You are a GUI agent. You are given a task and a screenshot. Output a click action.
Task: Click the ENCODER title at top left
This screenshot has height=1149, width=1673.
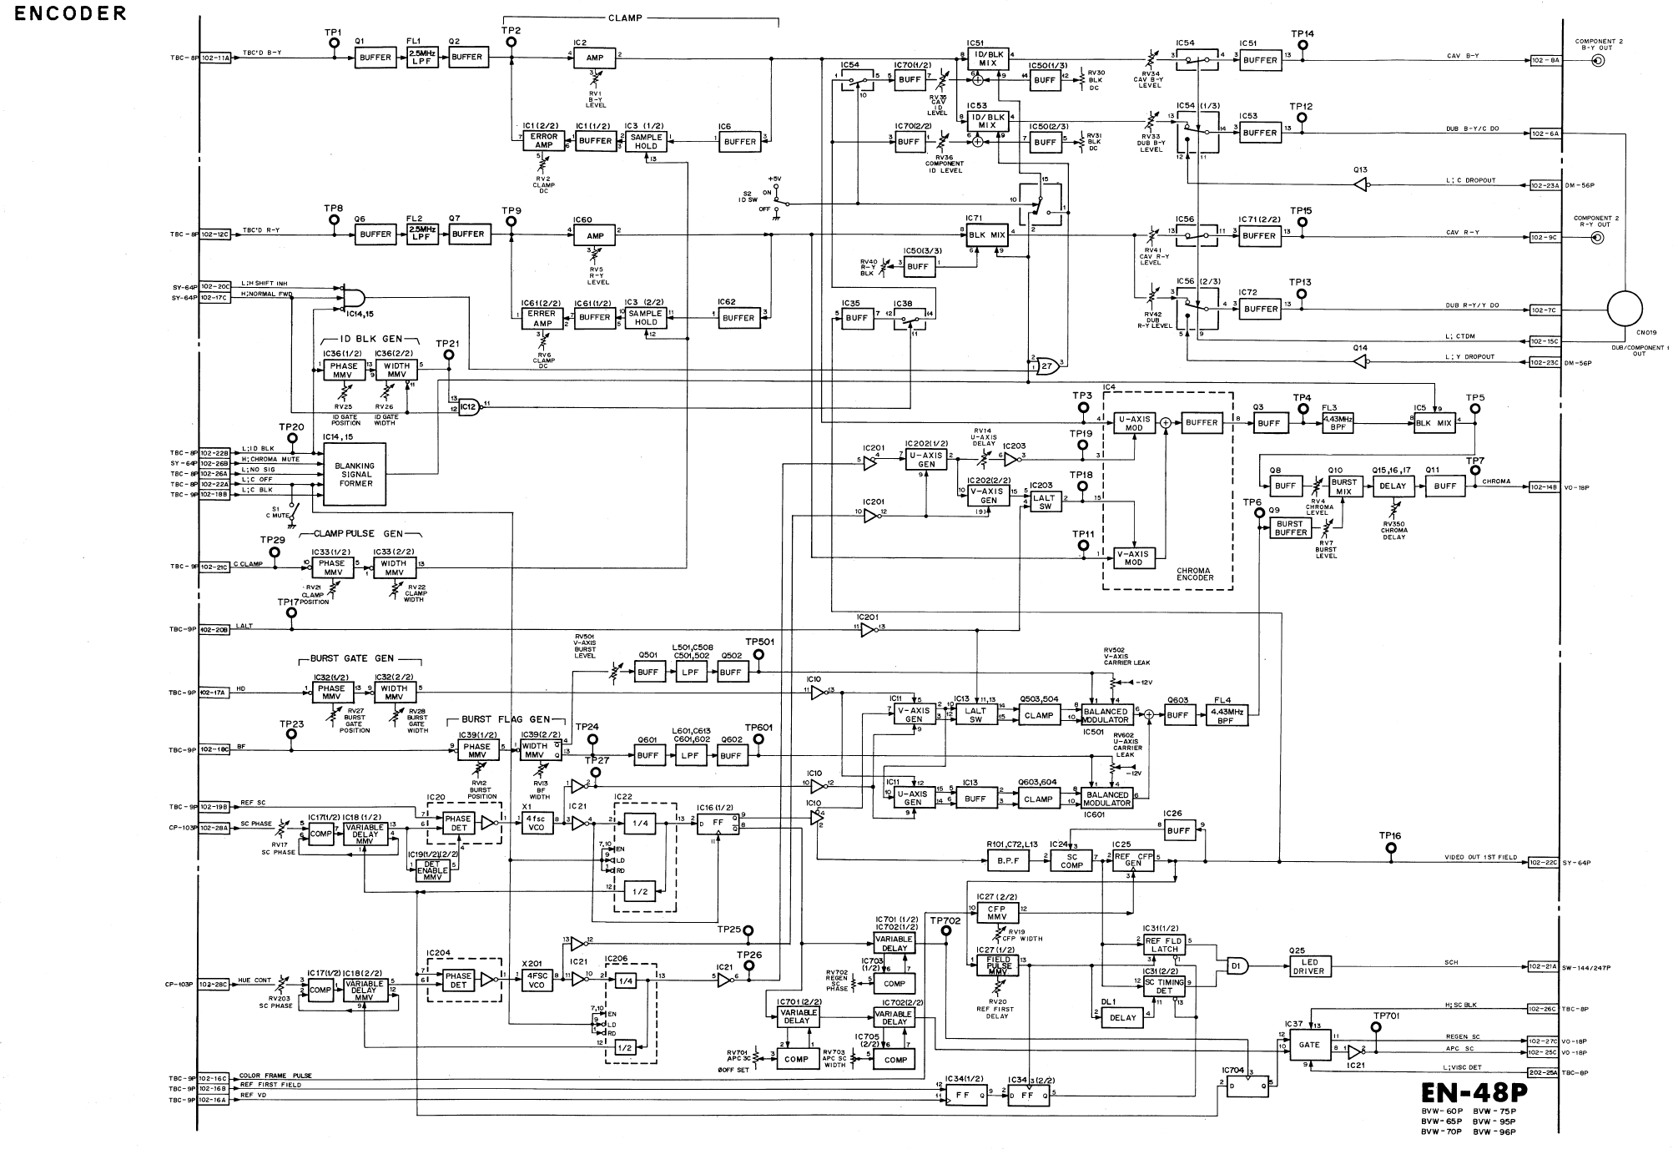[71, 13]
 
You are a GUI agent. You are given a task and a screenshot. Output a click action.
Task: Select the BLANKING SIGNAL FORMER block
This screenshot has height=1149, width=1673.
[355, 475]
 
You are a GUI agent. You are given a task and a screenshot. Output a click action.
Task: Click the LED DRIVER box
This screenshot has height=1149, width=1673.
[1308, 966]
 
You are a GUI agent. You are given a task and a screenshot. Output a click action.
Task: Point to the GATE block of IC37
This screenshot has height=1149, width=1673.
[1309, 1044]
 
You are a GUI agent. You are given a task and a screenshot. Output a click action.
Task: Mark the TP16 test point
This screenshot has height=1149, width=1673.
[1390, 848]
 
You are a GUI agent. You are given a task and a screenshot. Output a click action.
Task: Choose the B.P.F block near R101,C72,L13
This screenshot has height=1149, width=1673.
[1008, 860]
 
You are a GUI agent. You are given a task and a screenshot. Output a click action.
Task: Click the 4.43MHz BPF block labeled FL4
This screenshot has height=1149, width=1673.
[1227, 715]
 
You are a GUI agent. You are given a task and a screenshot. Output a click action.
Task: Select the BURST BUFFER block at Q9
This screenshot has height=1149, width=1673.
[1290, 528]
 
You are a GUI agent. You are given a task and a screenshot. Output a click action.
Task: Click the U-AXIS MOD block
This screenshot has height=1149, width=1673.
[1134, 423]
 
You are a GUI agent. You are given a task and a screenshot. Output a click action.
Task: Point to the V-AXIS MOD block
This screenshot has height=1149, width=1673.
[1134, 557]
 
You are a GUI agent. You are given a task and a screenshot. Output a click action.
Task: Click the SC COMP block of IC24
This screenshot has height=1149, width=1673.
[1072, 861]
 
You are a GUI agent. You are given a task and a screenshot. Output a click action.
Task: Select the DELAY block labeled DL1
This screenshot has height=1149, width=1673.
[1122, 1017]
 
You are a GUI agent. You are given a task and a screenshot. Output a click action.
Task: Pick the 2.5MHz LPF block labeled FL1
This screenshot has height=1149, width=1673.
[422, 58]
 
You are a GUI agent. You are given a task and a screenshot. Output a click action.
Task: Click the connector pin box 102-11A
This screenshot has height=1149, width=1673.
[215, 58]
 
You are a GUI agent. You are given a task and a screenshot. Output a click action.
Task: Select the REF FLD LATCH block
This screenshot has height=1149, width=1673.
[1164, 945]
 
